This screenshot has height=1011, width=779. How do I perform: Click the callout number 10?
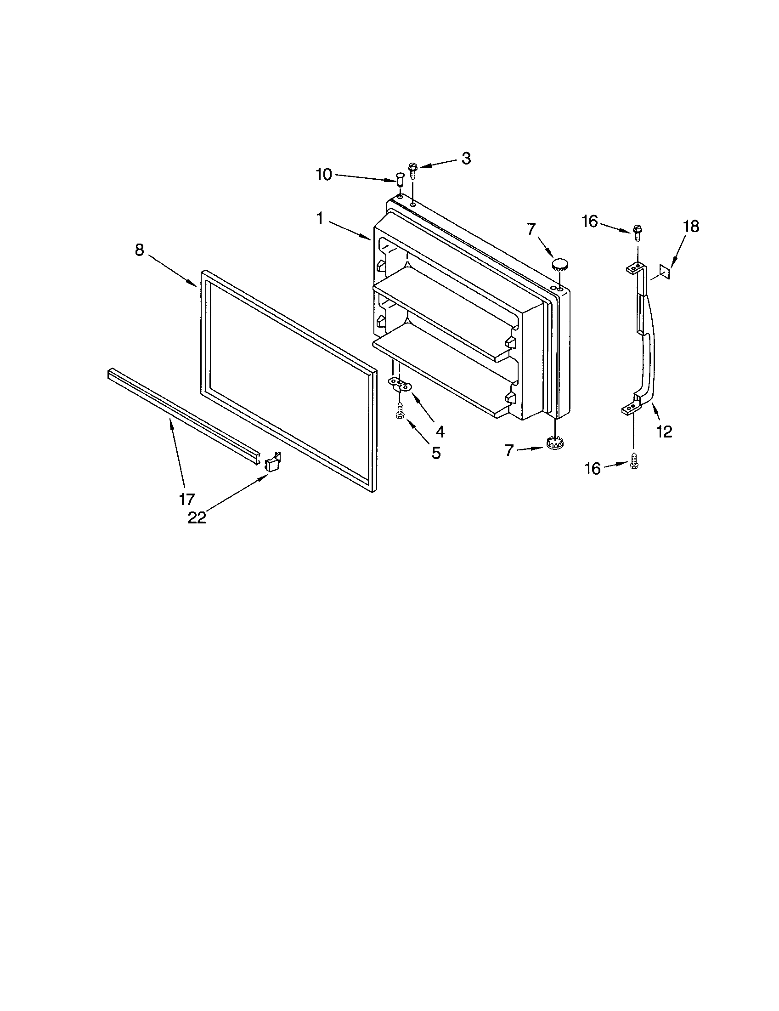324,175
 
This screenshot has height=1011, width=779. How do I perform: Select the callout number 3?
466,159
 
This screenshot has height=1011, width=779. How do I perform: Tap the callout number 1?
320,218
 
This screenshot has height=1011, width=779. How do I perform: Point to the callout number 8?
139,250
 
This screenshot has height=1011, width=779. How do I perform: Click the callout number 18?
691,227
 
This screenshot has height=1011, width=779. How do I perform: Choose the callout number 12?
664,432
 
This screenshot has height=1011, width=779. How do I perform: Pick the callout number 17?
187,500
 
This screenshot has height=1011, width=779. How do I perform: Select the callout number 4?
440,432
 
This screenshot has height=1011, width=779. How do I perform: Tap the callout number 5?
436,453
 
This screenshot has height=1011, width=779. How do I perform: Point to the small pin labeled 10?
399,178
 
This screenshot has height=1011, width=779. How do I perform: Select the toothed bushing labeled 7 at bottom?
554,443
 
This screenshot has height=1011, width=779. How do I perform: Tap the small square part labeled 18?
665,271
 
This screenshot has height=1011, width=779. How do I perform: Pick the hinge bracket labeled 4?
399,384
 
